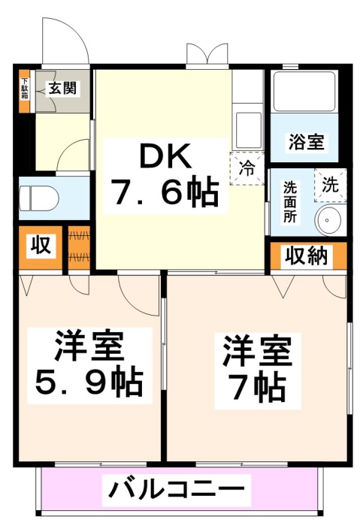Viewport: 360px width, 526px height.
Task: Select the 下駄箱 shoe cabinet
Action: [25, 91]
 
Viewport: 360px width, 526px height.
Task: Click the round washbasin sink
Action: [328, 219]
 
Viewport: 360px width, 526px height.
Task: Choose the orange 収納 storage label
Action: [307, 255]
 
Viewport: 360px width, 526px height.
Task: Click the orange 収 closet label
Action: [40, 246]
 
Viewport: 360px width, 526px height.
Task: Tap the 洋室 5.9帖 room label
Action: [89, 364]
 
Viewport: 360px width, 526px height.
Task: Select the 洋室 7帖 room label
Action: [257, 369]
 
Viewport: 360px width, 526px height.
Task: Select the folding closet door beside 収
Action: [80, 248]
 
